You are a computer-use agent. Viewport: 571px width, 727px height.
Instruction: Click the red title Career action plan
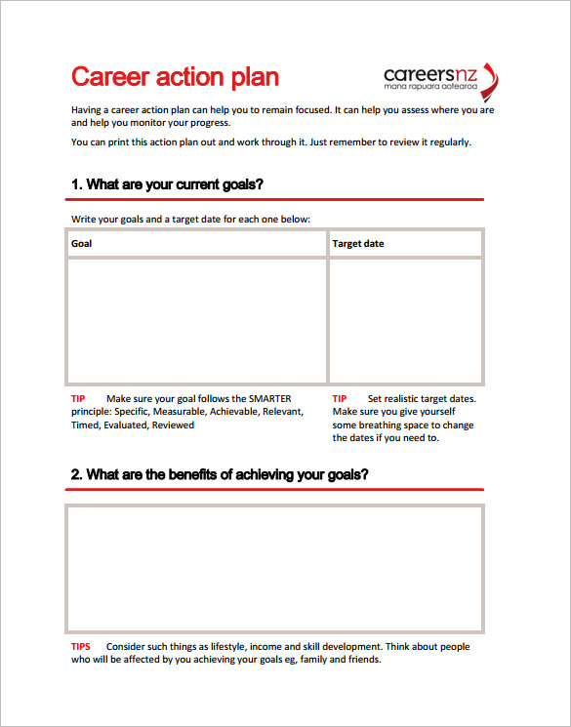176,77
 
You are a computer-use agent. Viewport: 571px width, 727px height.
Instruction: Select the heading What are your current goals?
167,183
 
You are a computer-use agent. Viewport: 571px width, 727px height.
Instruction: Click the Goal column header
82,243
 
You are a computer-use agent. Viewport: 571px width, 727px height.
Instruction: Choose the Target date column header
358,243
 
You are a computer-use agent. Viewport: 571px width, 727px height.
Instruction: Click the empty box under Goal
196,320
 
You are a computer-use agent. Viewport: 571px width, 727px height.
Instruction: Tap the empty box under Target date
405,320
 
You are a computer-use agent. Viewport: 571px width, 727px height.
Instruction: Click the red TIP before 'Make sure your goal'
79,398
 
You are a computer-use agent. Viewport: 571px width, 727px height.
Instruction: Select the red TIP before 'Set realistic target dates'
340,398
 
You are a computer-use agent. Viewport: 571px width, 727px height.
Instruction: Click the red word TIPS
81,646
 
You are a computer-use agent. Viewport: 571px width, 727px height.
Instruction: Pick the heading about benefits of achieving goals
220,474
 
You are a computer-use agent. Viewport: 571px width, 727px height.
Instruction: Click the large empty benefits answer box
274,569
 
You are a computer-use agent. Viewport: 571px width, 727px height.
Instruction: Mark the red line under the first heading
277,199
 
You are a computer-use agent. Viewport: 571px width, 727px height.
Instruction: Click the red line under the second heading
277,489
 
